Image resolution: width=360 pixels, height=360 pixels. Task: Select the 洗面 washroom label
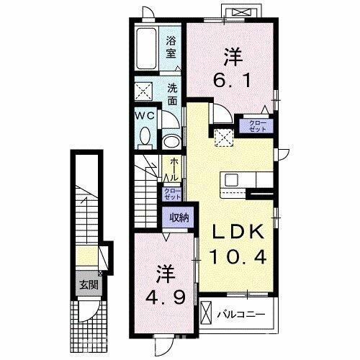pyautogui.click(x=173, y=94)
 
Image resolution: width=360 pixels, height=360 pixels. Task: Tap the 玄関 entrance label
pyautogui.click(x=89, y=284)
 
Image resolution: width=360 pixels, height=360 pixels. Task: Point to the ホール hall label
pyautogui.click(x=173, y=170)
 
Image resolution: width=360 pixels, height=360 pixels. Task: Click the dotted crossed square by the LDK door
pyautogui.click(x=219, y=135)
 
